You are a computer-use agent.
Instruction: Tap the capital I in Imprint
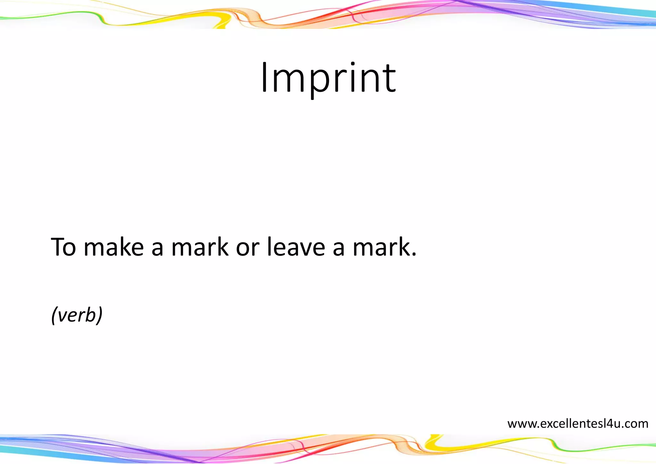(264, 78)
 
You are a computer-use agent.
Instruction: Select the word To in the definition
(63, 247)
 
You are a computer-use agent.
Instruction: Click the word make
(114, 247)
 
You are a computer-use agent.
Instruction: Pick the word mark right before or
(200, 247)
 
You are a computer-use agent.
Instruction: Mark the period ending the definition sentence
(414, 255)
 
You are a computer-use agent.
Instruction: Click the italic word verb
(77, 315)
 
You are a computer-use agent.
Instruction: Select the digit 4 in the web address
(609, 424)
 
